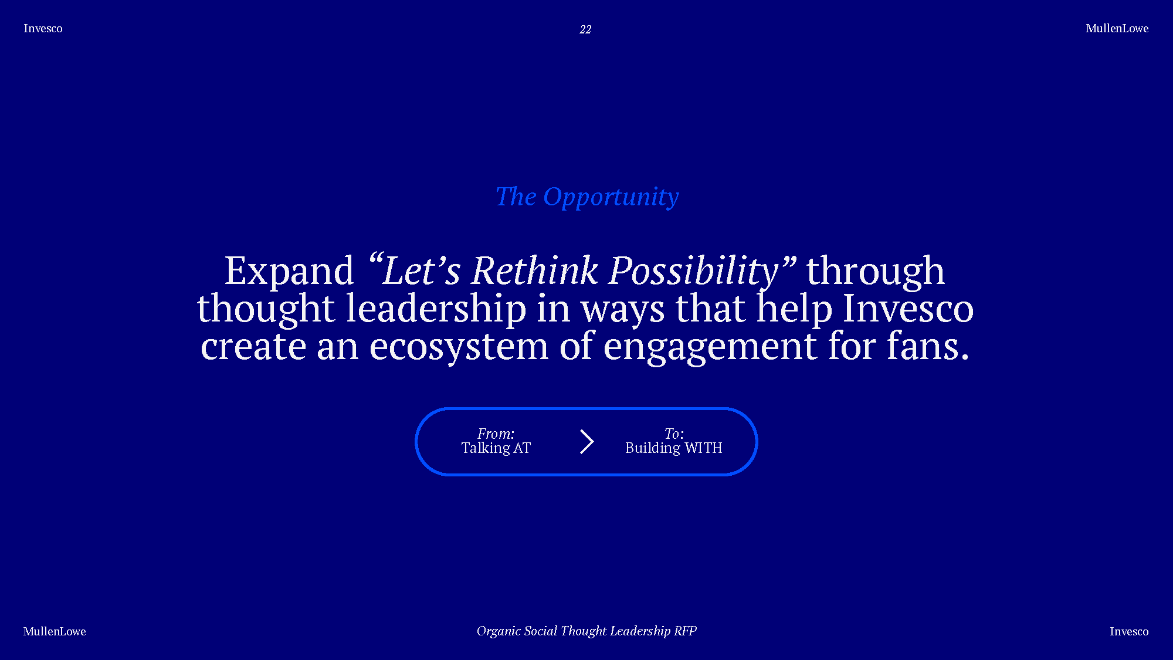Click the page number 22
pyautogui.click(x=585, y=29)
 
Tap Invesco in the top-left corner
pyautogui.click(x=43, y=28)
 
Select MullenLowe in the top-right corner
pyautogui.click(x=1117, y=28)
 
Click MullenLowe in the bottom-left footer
pyautogui.click(x=55, y=631)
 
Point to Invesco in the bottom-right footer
pyautogui.click(x=1129, y=631)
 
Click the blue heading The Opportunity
pyautogui.click(x=587, y=197)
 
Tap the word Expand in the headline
pyautogui.click(x=289, y=271)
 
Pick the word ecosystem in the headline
pyautogui.click(x=459, y=346)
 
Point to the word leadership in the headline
pyautogui.click(x=436, y=309)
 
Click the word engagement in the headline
pyautogui.click(x=710, y=347)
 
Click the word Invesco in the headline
pyautogui.click(x=908, y=309)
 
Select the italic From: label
pyautogui.click(x=496, y=434)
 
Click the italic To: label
pyautogui.click(x=674, y=434)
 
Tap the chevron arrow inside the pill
pyautogui.click(x=587, y=442)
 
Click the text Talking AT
pyautogui.click(x=496, y=448)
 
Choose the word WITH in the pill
pyautogui.click(x=703, y=448)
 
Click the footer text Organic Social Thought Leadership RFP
pyautogui.click(x=586, y=631)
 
